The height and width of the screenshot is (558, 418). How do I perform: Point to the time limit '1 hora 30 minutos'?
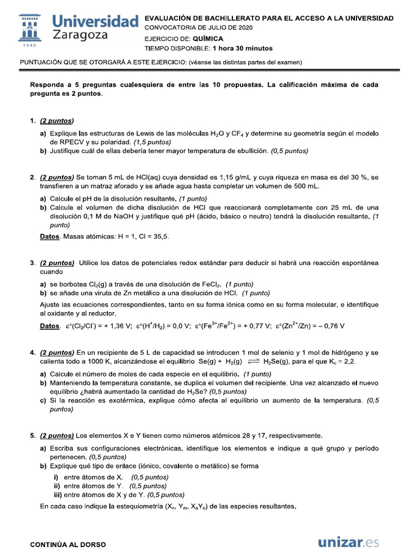click(243, 48)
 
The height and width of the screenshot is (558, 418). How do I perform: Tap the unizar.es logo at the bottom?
click(348, 543)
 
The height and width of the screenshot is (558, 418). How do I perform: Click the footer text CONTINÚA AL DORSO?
click(68, 544)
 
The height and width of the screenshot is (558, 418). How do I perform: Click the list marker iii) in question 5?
click(57, 495)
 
